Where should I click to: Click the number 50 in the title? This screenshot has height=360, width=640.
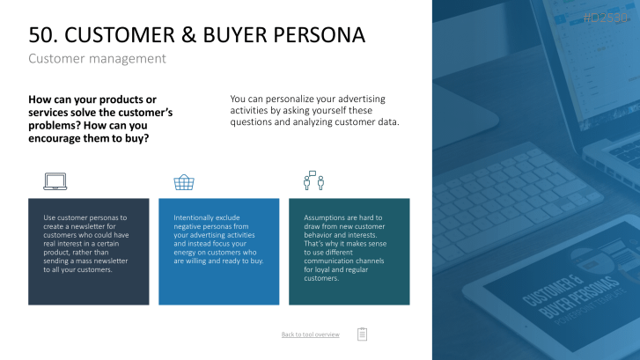(40, 34)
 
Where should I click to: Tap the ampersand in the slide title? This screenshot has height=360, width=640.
(188, 34)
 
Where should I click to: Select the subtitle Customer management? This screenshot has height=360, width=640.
(97, 59)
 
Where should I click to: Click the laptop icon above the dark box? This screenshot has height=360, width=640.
(55, 181)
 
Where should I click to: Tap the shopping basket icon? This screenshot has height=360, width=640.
(184, 182)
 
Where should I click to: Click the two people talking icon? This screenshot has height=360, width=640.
(314, 180)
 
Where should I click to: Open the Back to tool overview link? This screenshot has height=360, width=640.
(310, 334)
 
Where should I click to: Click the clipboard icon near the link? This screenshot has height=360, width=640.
(362, 334)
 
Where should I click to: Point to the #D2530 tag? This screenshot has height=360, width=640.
(606, 18)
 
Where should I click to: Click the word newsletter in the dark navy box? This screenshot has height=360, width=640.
(100, 226)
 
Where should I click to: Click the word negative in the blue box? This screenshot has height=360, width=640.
(186, 227)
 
